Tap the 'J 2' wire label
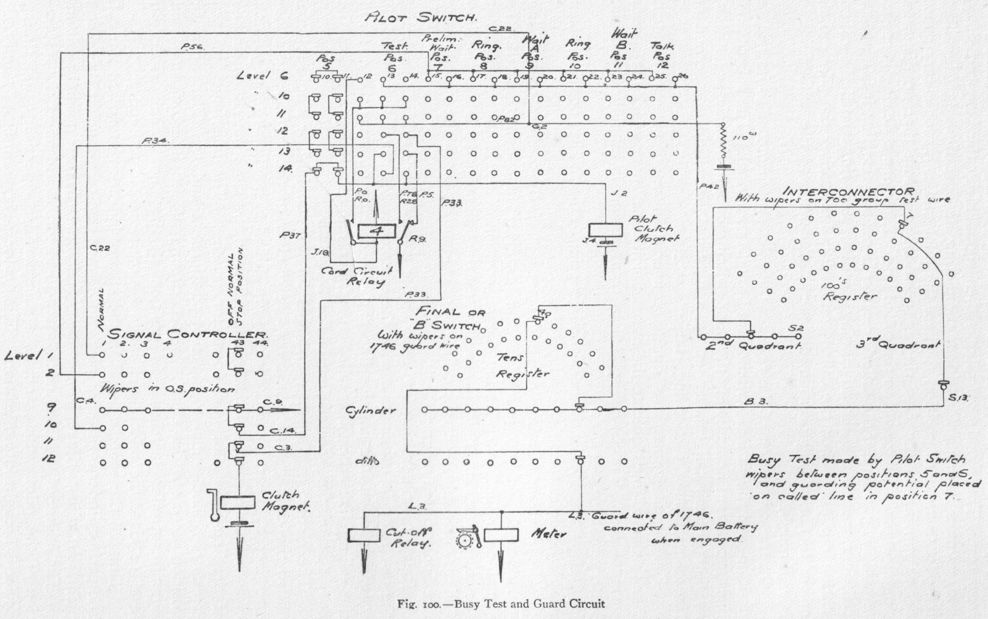point(615,193)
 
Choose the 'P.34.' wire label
point(155,140)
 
